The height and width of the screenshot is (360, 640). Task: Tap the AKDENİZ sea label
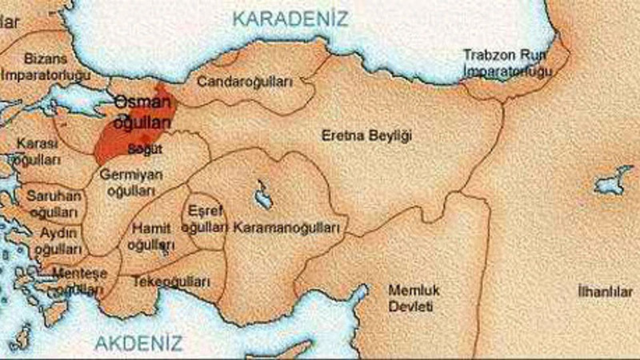(138, 344)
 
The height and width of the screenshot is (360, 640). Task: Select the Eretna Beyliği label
(366, 136)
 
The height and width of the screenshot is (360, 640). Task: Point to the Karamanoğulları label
(287, 228)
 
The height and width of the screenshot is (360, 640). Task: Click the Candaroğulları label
(245, 82)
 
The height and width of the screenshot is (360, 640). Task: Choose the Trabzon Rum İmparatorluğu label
(508, 64)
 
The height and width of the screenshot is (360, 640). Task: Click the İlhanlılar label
(600, 291)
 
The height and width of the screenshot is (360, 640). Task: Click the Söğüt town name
(147, 150)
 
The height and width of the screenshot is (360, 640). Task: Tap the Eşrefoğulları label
(205, 220)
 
